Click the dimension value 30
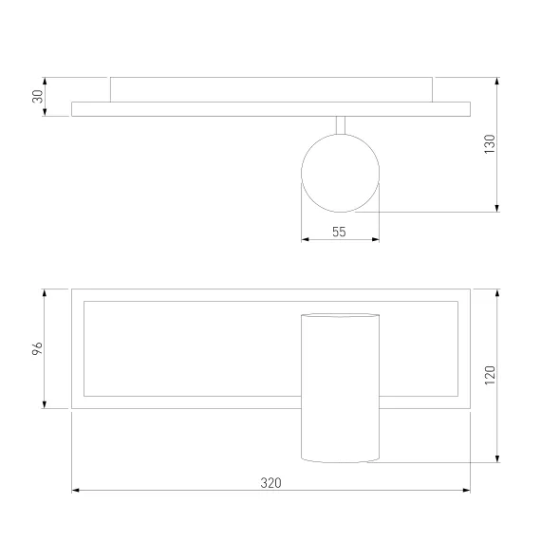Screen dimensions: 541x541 [x=38, y=96]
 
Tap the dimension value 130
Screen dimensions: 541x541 [x=490, y=144]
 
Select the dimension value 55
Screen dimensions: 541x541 [x=339, y=232]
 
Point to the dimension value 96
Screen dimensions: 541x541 [x=37, y=348]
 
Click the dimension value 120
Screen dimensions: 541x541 [x=490, y=375]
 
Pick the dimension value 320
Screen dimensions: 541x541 [x=270, y=483]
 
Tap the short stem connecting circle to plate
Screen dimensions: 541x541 [x=341, y=125]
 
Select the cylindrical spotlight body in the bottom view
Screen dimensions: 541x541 [x=340, y=388]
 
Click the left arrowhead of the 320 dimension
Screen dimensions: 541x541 [x=75, y=490]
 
